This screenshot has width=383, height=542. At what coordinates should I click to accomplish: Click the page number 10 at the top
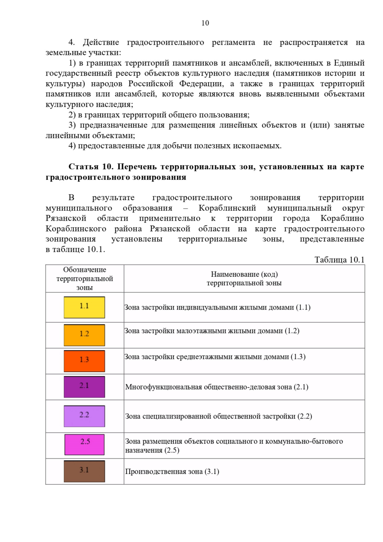point(205,23)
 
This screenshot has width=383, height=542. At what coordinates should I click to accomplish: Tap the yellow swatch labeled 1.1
point(84,307)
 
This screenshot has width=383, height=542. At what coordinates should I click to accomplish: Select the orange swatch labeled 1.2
point(84,335)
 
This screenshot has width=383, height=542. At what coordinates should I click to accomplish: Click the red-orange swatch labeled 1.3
point(84,361)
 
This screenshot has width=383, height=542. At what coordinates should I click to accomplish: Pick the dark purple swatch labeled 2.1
point(84,387)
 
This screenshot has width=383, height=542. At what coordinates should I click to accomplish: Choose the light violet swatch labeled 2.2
point(84,416)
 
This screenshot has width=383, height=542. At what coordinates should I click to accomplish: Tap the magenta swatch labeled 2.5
point(85,445)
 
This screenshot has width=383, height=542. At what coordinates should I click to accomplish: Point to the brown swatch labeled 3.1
point(84,471)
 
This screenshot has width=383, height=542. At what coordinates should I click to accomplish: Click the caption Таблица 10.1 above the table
point(339,260)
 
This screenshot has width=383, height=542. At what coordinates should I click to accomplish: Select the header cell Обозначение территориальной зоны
point(85,278)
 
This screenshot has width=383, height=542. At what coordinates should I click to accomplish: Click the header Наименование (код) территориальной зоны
point(244,278)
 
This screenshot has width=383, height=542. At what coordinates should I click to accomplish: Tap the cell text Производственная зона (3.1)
point(172,471)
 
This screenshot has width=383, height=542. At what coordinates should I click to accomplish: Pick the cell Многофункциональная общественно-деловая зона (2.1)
point(217,387)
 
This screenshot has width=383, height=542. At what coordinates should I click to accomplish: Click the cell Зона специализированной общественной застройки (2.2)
point(219,416)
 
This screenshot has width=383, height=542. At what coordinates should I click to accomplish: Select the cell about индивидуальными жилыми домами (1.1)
point(217,307)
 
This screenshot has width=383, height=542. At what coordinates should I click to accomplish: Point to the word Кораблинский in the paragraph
point(227,208)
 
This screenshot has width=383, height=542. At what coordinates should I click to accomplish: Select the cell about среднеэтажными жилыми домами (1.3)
point(215,357)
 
